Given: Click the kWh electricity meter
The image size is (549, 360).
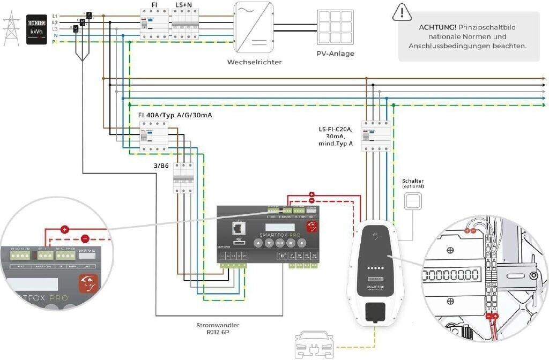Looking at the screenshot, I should pyautogui.click(x=36, y=28).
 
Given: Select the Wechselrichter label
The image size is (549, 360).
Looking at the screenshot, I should pyautogui.click(x=254, y=62).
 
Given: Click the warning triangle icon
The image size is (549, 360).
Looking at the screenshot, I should pyautogui.click(x=400, y=12).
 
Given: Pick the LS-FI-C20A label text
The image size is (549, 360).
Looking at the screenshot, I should pyautogui.click(x=336, y=129).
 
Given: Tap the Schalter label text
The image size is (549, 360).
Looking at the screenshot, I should pyautogui.click(x=412, y=181).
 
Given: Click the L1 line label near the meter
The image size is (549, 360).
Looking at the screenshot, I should pyautogui.click(x=55, y=16).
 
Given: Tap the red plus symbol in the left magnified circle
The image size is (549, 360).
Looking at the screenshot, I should pyautogui.click(x=65, y=229).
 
